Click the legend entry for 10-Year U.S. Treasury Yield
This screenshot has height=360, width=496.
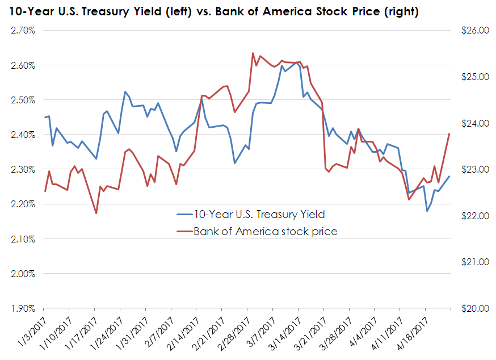(x=259, y=214)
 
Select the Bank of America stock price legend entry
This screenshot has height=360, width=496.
(x=265, y=231)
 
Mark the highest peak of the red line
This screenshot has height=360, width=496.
(x=253, y=53)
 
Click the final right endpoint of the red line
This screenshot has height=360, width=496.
(x=449, y=134)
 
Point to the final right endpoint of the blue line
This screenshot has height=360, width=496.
(x=449, y=176)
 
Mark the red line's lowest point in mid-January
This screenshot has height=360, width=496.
(x=96, y=214)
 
